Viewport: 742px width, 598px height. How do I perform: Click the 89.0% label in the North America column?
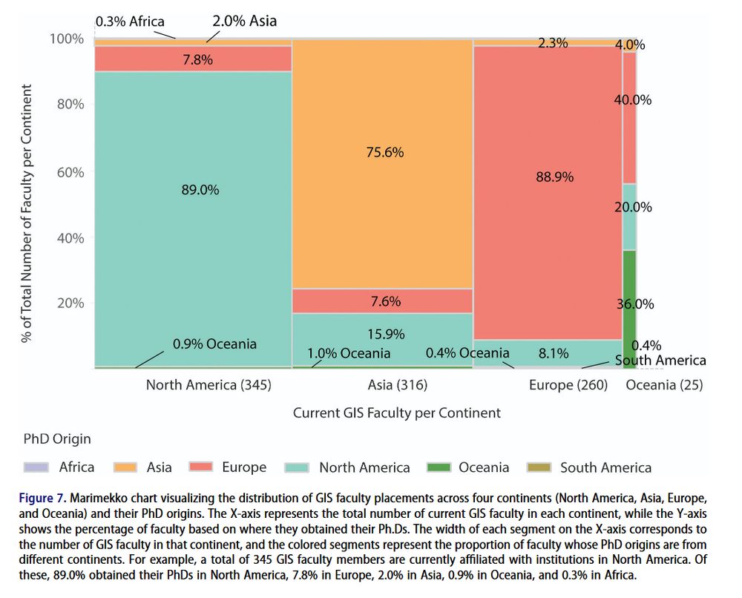point(200,190)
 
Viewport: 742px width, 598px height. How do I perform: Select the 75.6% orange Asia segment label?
point(385,152)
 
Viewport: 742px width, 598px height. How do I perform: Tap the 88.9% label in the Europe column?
point(554,177)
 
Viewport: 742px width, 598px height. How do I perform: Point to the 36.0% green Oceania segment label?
point(634,303)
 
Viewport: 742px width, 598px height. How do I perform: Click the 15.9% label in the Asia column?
point(385,334)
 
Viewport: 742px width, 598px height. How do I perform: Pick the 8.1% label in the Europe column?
point(554,353)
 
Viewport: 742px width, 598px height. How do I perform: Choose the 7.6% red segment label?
point(385,301)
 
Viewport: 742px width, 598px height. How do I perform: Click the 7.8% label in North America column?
point(197,60)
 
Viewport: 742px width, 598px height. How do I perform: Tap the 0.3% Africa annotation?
point(130,22)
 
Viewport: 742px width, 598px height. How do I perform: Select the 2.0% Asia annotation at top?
point(244,21)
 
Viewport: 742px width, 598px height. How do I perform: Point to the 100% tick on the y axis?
point(67,39)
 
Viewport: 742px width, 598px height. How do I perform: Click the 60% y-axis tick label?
point(71,172)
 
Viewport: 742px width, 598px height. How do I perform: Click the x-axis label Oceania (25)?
point(664,385)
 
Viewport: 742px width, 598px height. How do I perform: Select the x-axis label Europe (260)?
point(568,385)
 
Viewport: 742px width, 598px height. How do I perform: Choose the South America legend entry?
point(605,467)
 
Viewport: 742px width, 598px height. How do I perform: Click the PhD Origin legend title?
point(56,438)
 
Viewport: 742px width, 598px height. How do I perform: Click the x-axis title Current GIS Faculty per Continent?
point(396,413)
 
